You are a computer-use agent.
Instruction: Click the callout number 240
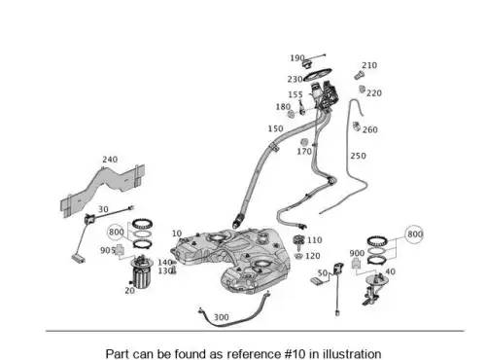click(x=110, y=160)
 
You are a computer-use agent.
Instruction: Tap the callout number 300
click(x=222, y=317)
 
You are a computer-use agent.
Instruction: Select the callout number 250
click(x=358, y=156)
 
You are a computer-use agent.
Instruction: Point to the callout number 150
click(x=275, y=128)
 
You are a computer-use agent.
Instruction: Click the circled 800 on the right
click(x=415, y=234)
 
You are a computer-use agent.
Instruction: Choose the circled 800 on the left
click(x=117, y=232)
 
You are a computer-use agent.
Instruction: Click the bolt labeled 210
click(x=359, y=76)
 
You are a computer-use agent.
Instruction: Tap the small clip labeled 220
click(x=363, y=89)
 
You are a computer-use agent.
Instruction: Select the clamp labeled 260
click(x=356, y=126)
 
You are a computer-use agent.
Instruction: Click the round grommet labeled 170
click(x=304, y=142)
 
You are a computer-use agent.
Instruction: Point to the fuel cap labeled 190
click(x=306, y=63)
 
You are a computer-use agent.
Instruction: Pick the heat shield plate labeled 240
click(x=102, y=190)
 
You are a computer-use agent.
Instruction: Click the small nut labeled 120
click(x=298, y=256)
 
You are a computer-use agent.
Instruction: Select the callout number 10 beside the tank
click(x=177, y=234)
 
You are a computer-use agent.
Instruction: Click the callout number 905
click(x=108, y=250)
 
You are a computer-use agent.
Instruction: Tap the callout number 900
click(x=357, y=253)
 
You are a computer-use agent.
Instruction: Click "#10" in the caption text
click(x=295, y=354)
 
